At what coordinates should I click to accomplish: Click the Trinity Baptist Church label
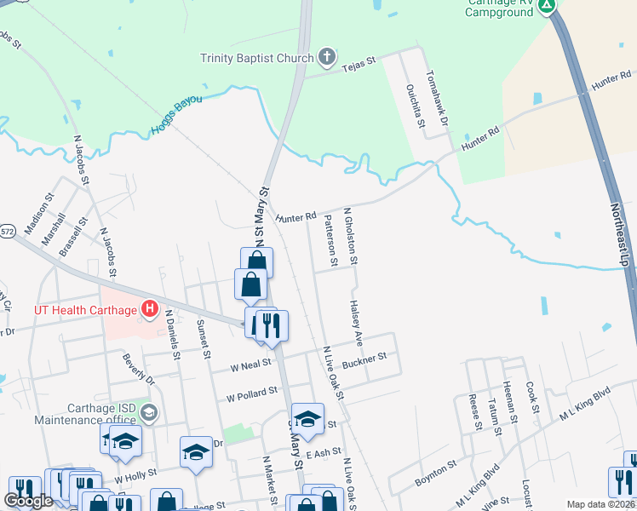256,58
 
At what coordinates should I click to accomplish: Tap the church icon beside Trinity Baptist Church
324,58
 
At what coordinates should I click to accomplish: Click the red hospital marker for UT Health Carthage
150,308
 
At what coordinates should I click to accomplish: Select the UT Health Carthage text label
86,309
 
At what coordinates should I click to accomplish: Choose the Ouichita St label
416,105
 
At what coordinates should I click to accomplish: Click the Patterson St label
331,239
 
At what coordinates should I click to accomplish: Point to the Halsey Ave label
358,321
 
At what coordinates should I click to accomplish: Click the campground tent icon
547,5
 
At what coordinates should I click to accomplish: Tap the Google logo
29,501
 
